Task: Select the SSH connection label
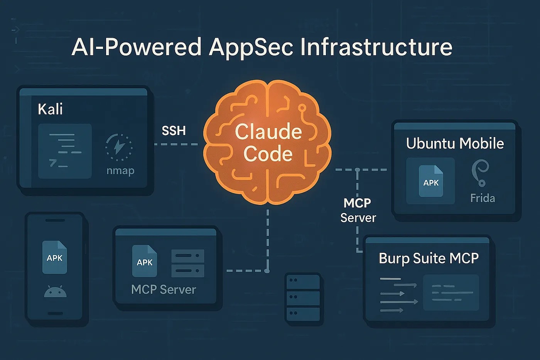coord(174,131)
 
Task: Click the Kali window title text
coord(50,109)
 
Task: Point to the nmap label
coord(120,170)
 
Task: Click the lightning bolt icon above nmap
coord(119,147)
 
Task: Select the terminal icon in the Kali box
coord(65,151)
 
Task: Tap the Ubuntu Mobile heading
coord(455,144)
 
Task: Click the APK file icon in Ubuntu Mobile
coord(431,181)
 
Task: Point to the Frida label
coord(482,198)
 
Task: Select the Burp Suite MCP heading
coord(429,258)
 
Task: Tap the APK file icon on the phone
coord(54,257)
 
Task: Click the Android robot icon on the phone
coord(55,291)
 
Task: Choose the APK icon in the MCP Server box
coord(145,261)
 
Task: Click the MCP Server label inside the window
coord(164,289)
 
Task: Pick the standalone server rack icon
coord(303,297)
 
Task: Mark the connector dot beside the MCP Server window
coord(267,271)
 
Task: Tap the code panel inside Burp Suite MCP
coord(451,292)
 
